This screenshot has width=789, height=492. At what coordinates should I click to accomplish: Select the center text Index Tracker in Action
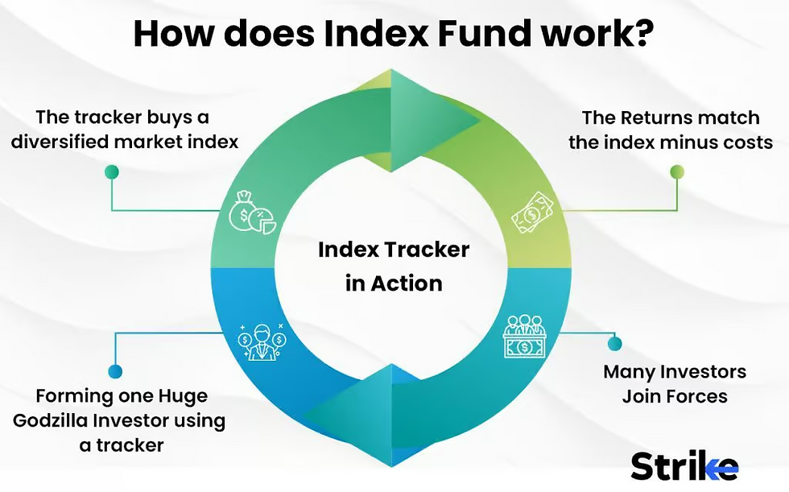[x=393, y=266]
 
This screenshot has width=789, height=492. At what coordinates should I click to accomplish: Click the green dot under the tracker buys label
[x=112, y=172]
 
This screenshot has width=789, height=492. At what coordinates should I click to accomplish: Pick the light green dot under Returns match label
[x=677, y=172]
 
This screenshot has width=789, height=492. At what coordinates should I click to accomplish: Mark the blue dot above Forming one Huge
[x=115, y=371]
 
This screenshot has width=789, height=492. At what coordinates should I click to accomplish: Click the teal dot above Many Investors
[x=614, y=344]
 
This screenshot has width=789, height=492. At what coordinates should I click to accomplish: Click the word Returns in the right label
[x=658, y=118]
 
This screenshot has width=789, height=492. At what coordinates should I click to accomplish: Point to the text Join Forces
[x=675, y=396]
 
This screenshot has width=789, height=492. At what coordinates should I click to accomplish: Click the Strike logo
[x=684, y=465]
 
